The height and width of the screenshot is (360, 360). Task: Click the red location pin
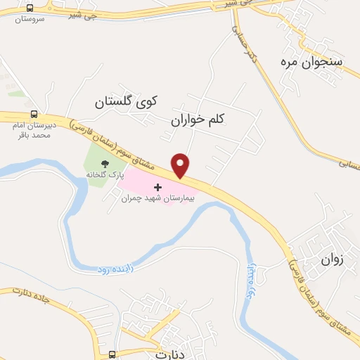pyautogui.click(x=181, y=165)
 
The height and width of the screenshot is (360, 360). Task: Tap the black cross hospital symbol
pyautogui.click(x=157, y=187)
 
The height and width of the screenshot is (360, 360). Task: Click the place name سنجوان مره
pyautogui.click(x=312, y=62)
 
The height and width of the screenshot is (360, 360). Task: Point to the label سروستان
pyautogui.click(x=30, y=18)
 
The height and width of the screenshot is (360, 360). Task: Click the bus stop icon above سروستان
pyautogui.click(x=30, y=7)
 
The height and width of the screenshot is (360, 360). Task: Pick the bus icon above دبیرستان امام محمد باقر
pyautogui.click(x=33, y=115)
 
